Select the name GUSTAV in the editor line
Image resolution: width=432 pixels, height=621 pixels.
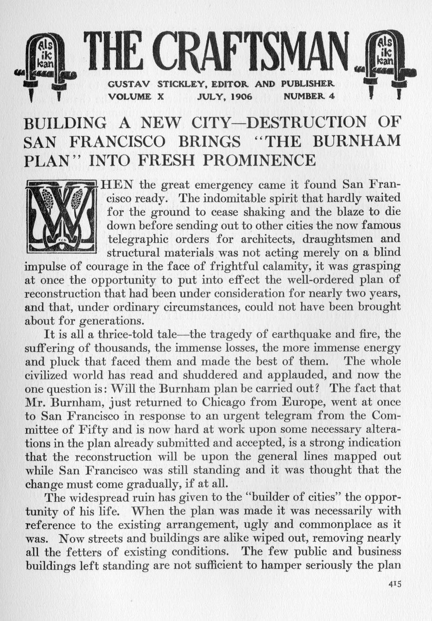click(x=129, y=84)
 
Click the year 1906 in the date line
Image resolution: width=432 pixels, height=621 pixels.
click(x=239, y=96)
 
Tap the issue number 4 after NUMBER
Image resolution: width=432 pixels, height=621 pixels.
click(x=332, y=96)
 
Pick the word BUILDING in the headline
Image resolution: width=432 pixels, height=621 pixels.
click(x=65, y=122)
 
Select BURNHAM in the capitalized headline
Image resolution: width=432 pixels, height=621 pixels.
click(x=356, y=141)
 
